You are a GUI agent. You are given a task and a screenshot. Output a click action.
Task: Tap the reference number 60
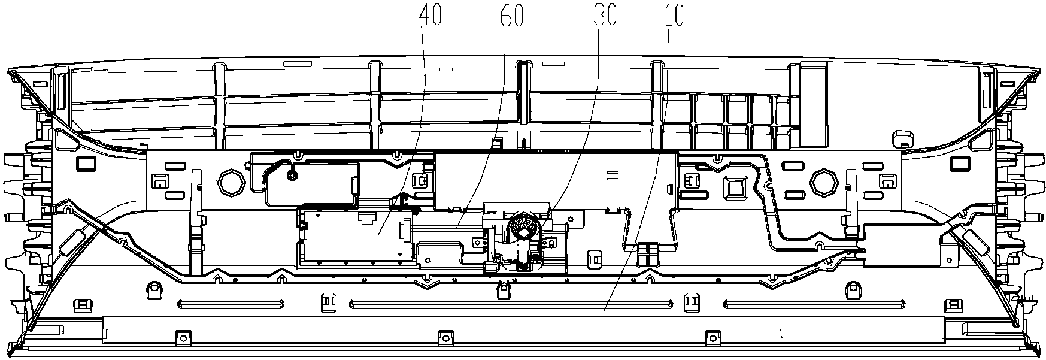[512, 16]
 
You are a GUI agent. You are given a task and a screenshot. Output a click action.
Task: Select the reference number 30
[605, 16]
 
